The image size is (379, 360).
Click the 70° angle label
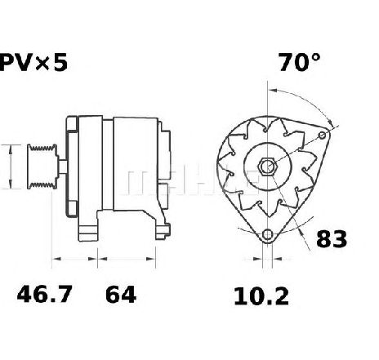coord(299,63)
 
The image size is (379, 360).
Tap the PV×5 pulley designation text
coord(33,62)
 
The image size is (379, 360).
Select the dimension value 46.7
coord(45,294)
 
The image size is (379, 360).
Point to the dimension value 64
coord(121,295)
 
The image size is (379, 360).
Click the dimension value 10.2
coord(261,296)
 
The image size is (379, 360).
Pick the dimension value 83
coord(332,238)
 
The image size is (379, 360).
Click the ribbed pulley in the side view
coord(42,167)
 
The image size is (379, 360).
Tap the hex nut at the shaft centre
coord(267,165)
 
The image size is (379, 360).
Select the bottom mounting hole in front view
coord(267,234)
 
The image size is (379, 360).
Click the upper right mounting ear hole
coord(323,136)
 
